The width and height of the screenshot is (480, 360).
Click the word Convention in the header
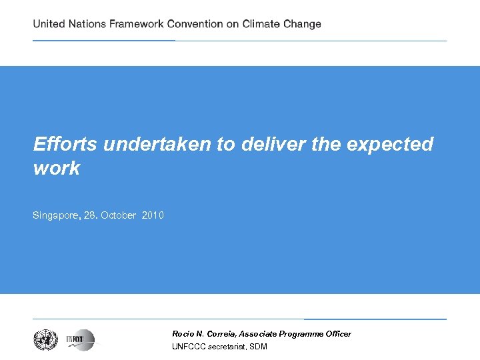point(195,24)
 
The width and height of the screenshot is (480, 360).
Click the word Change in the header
point(304,24)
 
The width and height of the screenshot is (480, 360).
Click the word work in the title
point(57,168)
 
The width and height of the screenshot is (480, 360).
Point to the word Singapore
point(57,215)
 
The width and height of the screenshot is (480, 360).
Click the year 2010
point(153,215)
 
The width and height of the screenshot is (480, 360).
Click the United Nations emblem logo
point(46,340)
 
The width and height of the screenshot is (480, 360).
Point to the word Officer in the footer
point(337,333)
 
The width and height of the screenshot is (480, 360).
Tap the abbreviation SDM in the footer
point(259,347)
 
